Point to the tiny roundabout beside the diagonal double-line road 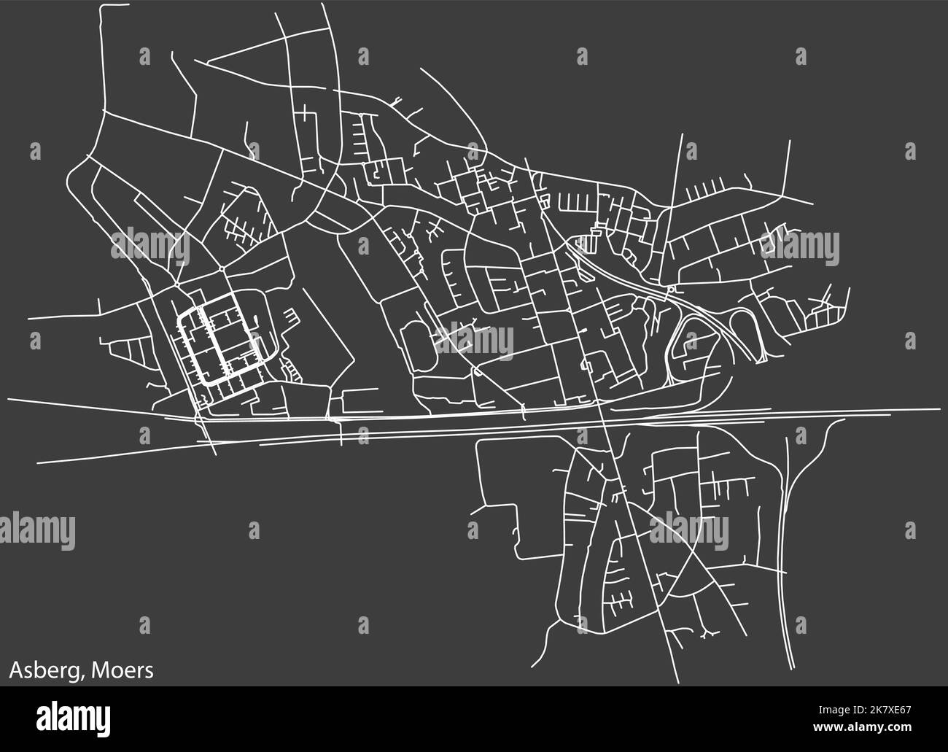(x=670, y=290)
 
